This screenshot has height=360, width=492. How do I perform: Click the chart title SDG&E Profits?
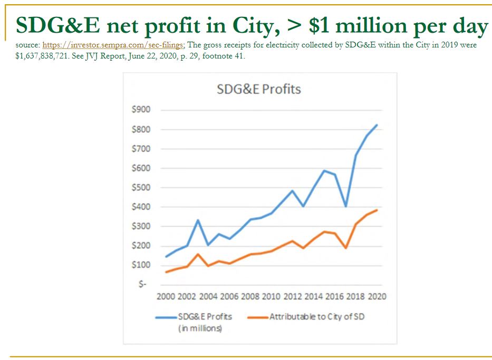click(258, 89)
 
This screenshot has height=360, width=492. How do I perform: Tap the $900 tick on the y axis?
click(141, 110)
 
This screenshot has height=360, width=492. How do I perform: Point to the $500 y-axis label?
click(141, 188)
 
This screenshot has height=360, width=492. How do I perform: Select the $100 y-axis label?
click(141, 265)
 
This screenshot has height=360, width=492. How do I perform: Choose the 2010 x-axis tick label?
click(272, 297)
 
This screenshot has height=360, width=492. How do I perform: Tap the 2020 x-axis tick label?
click(375, 297)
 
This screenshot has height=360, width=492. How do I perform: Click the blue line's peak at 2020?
click(377, 125)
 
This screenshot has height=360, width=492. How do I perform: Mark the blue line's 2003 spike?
click(198, 220)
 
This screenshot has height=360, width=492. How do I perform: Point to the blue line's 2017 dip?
click(345, 206)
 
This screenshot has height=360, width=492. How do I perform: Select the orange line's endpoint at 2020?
click(377, 210)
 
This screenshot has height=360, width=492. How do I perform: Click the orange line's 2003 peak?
click(198, 254)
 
